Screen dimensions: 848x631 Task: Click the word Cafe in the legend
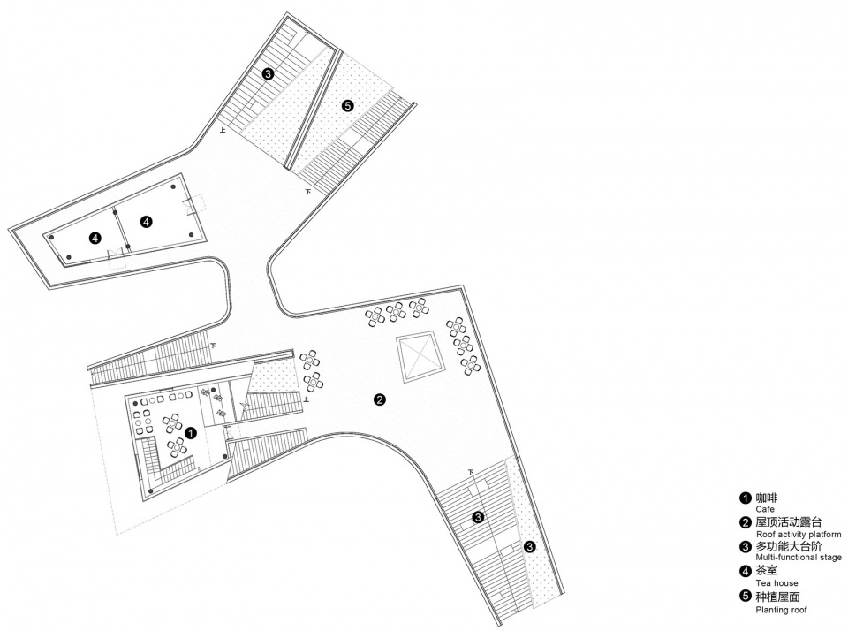(x=765, y=509)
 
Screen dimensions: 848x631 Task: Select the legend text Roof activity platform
(x=799, y=534)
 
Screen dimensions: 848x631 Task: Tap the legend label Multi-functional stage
(x=799, y=558)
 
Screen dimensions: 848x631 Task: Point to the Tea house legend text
(x=776, y=583)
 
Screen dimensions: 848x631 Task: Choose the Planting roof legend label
(x=781, y=610)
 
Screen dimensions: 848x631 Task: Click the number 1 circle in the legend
(x=746, y=498)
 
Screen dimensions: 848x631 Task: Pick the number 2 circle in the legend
(x=746, y=523)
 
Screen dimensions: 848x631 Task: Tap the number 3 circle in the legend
(x=746, y=546)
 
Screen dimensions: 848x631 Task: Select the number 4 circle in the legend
(x=746, y=571)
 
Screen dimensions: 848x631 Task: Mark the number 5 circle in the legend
(x=746, y=597)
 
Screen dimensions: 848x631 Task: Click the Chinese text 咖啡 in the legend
(x=767, y=498)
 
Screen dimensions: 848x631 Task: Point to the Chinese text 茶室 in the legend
(x=767, y=571)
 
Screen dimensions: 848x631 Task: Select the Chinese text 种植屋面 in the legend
(x=777, y=597)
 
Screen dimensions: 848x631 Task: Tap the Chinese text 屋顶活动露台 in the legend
(x=789, y=523)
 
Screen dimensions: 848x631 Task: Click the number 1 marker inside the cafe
(x=191, y=433)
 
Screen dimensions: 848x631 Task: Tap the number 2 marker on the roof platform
(x=380, y=400)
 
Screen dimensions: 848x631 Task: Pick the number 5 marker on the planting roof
(x=348, y=106)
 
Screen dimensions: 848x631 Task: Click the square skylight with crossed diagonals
(x=421, y=357)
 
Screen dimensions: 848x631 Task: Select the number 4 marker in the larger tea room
(x=146, y=221)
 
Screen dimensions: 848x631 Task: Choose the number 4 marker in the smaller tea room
(x=95, y=238)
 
